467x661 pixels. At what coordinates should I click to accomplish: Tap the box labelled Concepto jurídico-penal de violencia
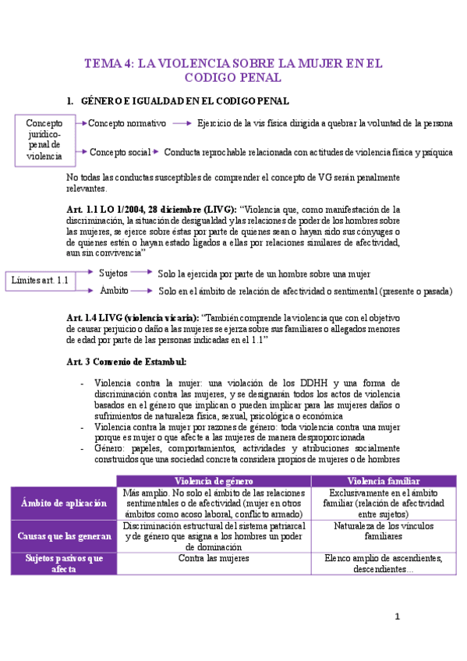(44, 140)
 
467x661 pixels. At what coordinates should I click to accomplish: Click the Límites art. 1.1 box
(41, 281)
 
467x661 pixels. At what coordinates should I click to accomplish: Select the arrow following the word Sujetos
(140, 273)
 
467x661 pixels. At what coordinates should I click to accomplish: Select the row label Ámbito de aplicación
(65, 504)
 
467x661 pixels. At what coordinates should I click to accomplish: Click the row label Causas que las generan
(65, 536)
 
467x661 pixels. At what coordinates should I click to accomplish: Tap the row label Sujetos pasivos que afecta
(65, 564)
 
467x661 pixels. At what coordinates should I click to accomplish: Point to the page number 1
(397, 617)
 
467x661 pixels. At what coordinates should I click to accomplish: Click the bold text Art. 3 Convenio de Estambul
(127, 361)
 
